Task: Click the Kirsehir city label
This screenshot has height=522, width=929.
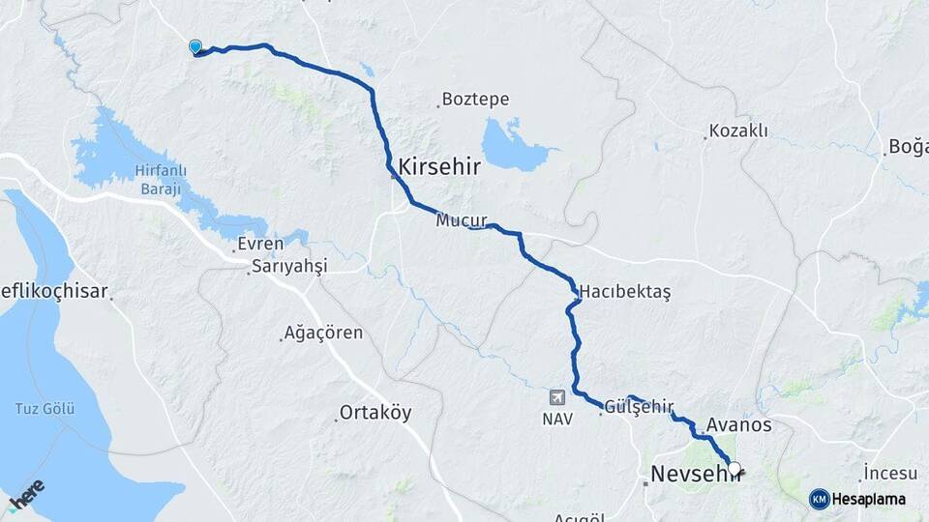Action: pyautogui.click(x=440, y=165)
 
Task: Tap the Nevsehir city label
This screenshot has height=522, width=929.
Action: pyautogui.click(x=693, y=474)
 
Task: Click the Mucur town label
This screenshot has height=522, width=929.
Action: pyautogui.click(x=461, y=220)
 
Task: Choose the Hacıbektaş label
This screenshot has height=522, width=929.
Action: pyautogui.click(x=625, y=291)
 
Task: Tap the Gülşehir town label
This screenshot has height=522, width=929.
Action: pyautogui.click(x=639, y=408)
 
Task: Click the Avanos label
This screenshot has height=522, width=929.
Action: pyautogui.click(x=739, y=425)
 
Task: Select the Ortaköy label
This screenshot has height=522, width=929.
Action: pyautogui.click(x=375, y=413)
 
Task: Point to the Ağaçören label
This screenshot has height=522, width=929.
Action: pyautogui.click(x=323, y=333)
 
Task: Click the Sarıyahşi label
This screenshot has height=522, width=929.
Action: pyautogui.click(x=289, y=266)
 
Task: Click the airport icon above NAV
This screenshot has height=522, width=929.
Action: pyautogui.click(x=557, y=397)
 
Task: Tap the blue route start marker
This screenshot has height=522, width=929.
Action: pyautogui.click(x=195, y=46)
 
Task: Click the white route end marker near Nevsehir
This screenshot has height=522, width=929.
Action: pyautogui.click(x=734, y=469)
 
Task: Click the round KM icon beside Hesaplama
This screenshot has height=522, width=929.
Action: pyautogui.click(x=819, y=499)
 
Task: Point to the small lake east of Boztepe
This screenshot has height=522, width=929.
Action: pyautogui.click(x=515, y=145)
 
